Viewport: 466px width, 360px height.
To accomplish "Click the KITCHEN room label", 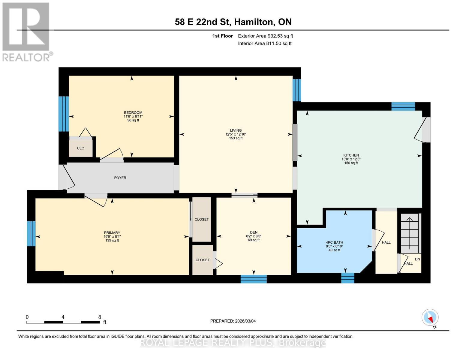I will click(x=351, y=155).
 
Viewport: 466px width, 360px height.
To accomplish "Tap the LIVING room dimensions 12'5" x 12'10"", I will click(x=236, y=134).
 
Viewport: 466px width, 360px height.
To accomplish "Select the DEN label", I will click(x=254, y=232).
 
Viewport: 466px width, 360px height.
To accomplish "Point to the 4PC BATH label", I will click(x=334, y=242).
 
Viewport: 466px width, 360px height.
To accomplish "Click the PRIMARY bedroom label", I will click(x=112, y=232).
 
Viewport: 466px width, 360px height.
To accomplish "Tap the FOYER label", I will click(x=120, y=178).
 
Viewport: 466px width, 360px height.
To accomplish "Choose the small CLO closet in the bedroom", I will click(x=80, y=148).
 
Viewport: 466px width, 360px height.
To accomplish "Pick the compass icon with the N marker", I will click(x=430, y=317).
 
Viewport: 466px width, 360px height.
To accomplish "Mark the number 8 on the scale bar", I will click(x=100, y=317).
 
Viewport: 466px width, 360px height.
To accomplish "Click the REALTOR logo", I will click(x=26, y=31).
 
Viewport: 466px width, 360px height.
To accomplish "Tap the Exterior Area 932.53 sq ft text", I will click(x=265, y=36).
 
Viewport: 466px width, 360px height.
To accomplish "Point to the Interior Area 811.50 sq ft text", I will click(x=265, y=43).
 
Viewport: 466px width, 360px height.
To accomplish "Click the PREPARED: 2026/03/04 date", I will click(x=233, y=321).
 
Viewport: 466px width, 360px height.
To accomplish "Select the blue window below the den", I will click(x=254, y=279).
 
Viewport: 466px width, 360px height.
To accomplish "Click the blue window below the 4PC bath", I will click(x=348, y=278).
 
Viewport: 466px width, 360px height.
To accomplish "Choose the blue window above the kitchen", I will click(x=403, y=106).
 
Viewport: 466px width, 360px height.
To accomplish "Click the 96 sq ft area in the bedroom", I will click(x=133, y=120).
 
